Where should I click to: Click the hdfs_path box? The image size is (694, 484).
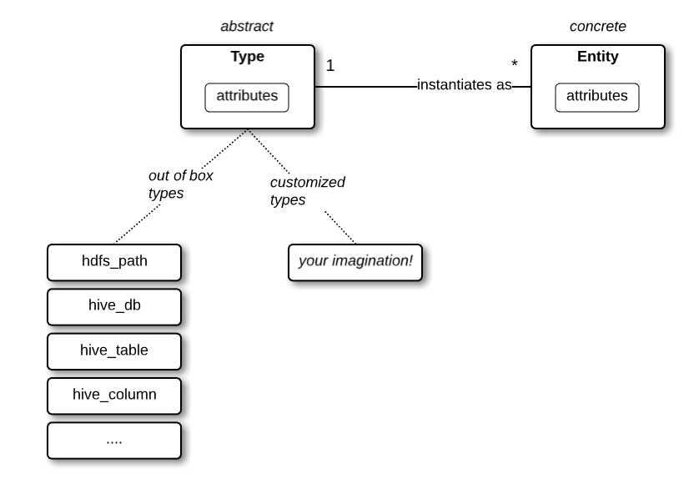point(113,261)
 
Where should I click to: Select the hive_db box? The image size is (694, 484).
point(113,305)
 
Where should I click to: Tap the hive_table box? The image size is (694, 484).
point(113,350)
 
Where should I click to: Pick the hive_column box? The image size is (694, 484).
point(113,395)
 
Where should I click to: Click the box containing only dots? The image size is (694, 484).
point(113,440)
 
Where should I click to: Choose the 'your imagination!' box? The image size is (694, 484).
point(355,262)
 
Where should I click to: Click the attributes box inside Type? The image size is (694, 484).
point(247,97)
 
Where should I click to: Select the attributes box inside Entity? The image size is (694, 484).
point(596,97)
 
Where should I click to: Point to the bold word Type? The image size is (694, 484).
point(247,58)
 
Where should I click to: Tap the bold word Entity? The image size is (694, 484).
point(597,58)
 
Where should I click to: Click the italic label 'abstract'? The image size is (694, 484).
point(247,27)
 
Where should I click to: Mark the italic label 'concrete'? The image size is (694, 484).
point(597,27)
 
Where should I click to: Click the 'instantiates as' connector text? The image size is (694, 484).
point(464,85)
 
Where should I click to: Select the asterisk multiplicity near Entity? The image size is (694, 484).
point(515,64)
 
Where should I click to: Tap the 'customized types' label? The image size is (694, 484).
point(307,191)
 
